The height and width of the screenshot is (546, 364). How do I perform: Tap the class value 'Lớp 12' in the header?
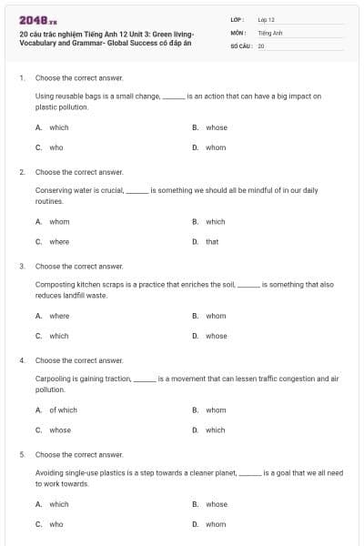[x=266, y=18]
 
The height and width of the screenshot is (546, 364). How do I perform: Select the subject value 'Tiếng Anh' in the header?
[x=270, y=32]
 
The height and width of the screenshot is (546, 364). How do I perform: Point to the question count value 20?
[x=260, y=45]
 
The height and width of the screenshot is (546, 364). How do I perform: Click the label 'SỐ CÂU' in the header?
[x=240, y=45]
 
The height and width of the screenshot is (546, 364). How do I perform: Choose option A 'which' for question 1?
[x=58, y=127]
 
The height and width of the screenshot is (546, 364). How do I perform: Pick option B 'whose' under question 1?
[x=216, y=127]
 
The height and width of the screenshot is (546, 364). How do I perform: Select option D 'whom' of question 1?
[x=216, y=147]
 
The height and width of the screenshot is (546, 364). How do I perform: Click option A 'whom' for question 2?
[x=58, y=221]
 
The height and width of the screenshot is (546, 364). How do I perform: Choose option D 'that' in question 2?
[x=211, y=241]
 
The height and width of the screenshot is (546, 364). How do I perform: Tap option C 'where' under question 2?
[x=58, y=241]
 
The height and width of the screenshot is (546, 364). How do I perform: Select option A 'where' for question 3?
[x=58, y=316]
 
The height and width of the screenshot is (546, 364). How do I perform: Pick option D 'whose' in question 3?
[x=216, y=336]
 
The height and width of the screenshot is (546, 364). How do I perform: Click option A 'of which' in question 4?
[x=63, y=409]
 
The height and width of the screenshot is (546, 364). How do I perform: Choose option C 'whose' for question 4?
[x=59, y=430]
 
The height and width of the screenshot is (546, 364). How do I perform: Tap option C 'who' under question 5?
[x=56, y=524]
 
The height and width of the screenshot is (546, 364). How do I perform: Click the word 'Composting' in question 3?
[x=54, y=284]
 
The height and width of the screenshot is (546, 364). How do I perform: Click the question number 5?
[x=21, y=453]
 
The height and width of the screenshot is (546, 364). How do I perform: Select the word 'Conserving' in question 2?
[x=54, y=189]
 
